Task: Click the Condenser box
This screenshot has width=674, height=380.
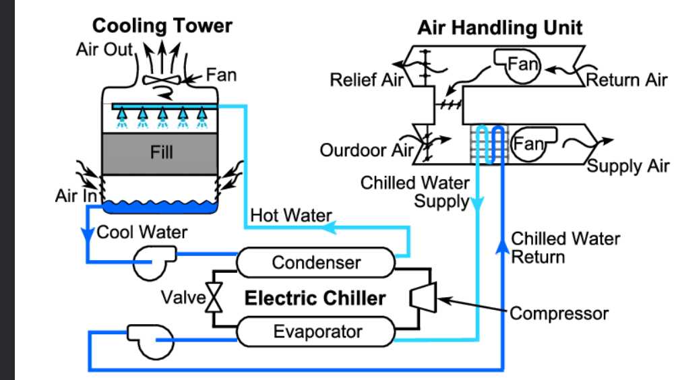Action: click(316, 262)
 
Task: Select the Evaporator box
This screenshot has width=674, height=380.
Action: click(316, 331)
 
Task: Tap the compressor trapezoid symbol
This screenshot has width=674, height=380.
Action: click(425, 296)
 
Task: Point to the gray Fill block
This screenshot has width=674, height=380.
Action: click(162, 152)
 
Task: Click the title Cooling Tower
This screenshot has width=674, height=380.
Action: click(162, 26)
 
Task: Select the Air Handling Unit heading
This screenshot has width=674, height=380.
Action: click(500, 28)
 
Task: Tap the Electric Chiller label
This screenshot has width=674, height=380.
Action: click(315, 298)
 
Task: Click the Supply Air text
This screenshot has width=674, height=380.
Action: click(628, 166)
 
